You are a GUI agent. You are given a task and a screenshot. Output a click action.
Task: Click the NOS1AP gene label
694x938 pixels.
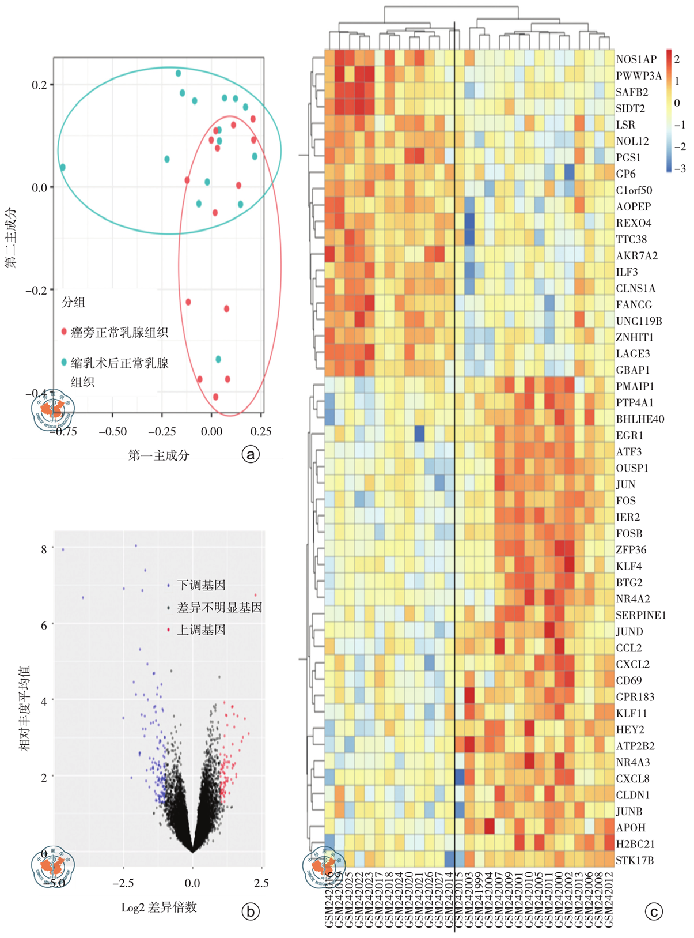click(x=636, y=59)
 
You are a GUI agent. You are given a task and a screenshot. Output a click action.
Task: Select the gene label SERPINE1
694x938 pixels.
click(x=640, y=615)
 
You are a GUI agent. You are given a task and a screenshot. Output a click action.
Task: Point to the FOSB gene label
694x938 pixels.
click(x=629, y=533)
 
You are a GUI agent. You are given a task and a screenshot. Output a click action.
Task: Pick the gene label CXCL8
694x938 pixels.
click(x=632, y=778)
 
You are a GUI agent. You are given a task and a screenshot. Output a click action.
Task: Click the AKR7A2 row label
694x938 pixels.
click(x=636, y=255)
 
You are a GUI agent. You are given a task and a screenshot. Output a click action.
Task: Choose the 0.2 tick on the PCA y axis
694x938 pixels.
click(x=39, y=85)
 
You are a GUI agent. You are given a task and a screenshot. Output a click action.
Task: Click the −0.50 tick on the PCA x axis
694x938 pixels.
click(x=112, y=431)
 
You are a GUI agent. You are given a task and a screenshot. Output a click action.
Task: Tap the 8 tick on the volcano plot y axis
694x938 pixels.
click(x=44, y=549)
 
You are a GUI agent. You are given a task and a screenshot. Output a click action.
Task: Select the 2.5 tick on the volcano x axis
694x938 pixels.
click(x=261, y=883)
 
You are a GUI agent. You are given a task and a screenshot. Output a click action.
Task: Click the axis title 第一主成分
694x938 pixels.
click(x=159, y=455)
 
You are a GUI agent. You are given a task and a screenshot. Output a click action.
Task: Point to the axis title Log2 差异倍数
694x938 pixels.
click(x=159, y=907)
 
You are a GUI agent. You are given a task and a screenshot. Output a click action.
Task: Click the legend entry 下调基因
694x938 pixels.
click(x=200, y=585)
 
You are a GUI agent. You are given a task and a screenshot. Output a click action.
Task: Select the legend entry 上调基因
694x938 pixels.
click(x=200, y=630)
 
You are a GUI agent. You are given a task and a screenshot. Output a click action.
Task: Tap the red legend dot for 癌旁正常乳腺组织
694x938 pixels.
click(x=64, y=332)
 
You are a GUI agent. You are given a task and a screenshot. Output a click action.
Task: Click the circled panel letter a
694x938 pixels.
click(x=251, y=454)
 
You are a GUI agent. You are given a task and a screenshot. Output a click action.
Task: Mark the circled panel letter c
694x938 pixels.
click(x=654, y=911)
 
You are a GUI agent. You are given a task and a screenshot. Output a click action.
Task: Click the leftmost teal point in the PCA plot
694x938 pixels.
click(x=63, y=167)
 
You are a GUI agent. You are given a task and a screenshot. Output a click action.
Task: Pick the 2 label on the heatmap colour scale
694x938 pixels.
click(x=677, y=59)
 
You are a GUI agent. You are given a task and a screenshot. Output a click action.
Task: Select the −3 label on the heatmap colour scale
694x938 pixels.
click(x=679, y=168)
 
